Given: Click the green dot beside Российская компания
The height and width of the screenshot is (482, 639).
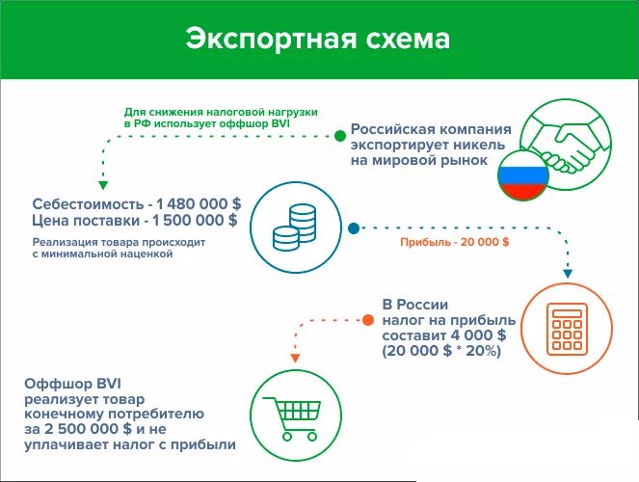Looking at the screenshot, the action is coord(339,137).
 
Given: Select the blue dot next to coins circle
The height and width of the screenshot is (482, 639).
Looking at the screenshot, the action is coord(353,229).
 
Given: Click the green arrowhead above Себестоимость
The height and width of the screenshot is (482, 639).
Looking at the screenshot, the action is coord(101,183).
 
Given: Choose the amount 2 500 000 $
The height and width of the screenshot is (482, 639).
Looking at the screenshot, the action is coord(101,429).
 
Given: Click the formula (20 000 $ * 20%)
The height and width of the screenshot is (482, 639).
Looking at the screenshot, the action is coord(441,352).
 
